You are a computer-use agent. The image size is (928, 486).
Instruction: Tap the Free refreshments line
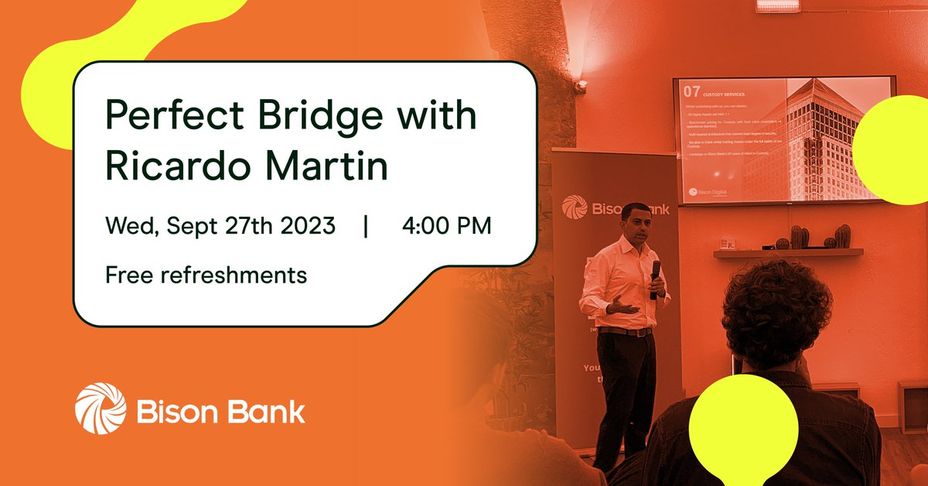(206, 274)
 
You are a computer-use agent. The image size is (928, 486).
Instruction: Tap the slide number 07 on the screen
(691, 91)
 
